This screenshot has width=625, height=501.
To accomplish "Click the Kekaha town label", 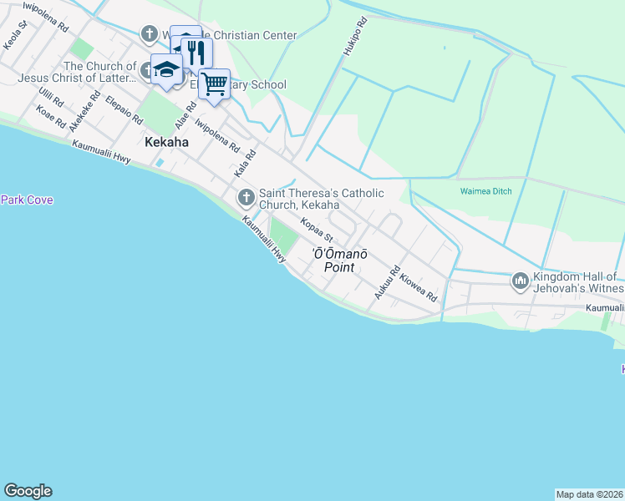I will pos(166,142).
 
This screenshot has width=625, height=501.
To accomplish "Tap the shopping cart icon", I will pos(214,83).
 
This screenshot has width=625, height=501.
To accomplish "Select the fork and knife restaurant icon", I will pos(196,53).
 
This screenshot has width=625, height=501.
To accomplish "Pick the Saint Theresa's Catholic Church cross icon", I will pos(246,198).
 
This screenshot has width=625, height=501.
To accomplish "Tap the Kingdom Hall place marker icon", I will pos(520,281).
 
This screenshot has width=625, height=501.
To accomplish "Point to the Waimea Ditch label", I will pos(491,190).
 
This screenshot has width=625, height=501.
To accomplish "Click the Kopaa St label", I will pos(318,228).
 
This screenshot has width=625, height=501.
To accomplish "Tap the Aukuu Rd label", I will pos(383,284).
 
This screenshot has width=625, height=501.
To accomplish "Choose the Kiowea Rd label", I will pos(419,287).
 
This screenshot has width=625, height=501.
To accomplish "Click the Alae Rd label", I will pos(185,116).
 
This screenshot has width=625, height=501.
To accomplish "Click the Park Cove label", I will pos(27,200).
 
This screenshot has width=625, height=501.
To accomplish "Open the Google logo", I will pos(28,491).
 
